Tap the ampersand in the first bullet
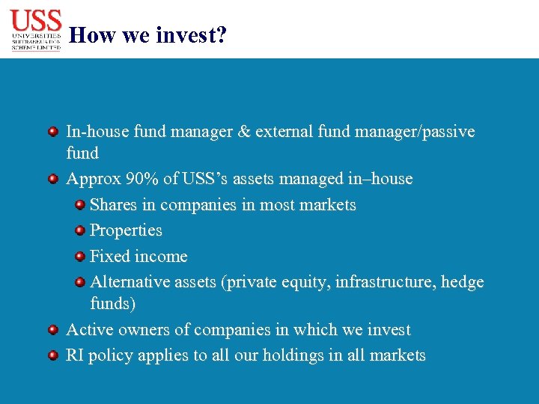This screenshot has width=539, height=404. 243,132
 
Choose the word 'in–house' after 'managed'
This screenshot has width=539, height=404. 380,180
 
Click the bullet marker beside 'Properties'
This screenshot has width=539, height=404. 79,230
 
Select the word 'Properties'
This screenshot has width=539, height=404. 126,230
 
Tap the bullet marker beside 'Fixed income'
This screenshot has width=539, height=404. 79,257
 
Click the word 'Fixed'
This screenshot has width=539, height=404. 109,257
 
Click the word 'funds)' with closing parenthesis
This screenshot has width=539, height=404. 112,304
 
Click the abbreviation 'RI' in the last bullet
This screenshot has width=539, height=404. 75,355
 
